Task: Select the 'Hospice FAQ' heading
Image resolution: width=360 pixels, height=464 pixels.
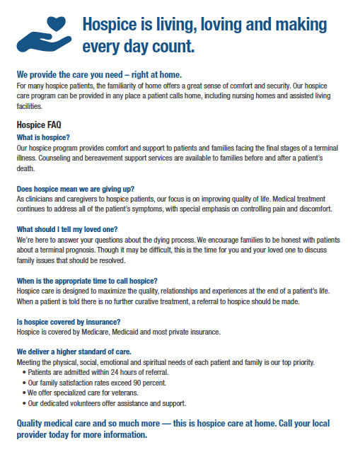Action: (x=39, y=124)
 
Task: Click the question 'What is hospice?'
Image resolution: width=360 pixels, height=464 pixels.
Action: (x=43, y=137)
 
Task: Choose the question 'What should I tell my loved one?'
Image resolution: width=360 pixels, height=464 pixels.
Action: (x=67, y=229)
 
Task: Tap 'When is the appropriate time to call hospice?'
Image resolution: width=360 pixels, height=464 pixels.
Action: (x=87, y=281)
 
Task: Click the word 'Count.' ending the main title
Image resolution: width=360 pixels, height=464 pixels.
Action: (x=173, y=49)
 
